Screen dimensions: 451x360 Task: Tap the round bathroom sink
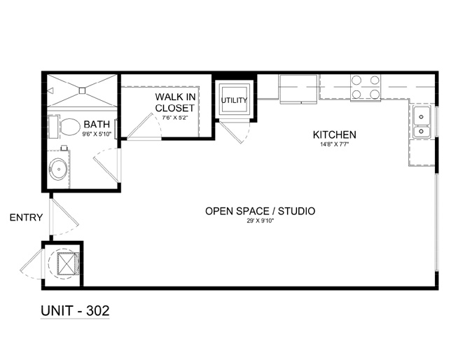click(x=58, y=169)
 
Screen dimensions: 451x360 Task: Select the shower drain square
click(x=82, y=90)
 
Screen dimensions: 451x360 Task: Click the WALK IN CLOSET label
click(x=175, y=102)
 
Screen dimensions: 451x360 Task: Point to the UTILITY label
click(x=234, y=100)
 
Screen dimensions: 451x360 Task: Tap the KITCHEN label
click(x=335, y=134)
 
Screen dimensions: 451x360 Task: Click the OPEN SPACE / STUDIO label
click(x=260, y=212)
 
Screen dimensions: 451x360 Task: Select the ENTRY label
click(x=26, y=217)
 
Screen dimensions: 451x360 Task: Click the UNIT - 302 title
click(x=75, y=311)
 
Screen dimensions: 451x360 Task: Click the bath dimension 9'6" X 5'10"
click(x=97, y=134)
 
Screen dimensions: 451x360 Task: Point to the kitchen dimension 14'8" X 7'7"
click(x=335, y=144)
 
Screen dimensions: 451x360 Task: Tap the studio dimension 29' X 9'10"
click(x=260, y=221)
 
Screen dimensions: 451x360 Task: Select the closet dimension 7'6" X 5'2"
click(x=175, y=118)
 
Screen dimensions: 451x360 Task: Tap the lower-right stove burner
click(x=375, y=94)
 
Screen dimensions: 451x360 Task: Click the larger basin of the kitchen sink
click(x=422, y=116)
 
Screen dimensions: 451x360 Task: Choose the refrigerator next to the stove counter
click(x=298, y=89)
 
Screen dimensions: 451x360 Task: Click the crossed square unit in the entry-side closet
click(x=67, y=264)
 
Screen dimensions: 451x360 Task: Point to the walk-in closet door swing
click(x=144, y=127)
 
